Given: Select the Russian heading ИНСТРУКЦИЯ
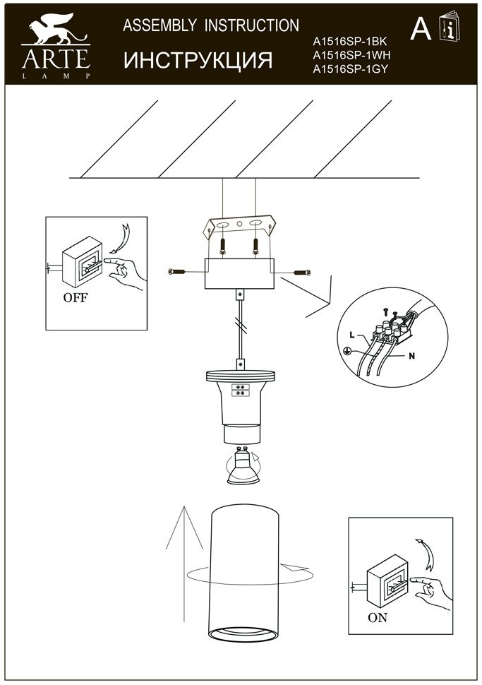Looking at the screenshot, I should point(198,60).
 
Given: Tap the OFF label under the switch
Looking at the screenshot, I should point(76,297).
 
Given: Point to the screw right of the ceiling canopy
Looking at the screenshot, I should point(301,272).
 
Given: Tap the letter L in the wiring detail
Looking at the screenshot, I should point(353,334).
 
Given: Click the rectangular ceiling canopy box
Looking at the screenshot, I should point(239,274).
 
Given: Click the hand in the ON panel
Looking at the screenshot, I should point(432,592).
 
